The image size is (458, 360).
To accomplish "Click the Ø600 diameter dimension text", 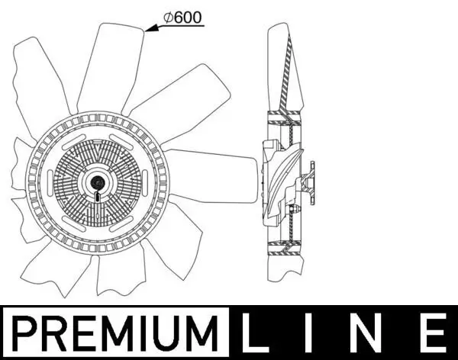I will click(x=183, y=18).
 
